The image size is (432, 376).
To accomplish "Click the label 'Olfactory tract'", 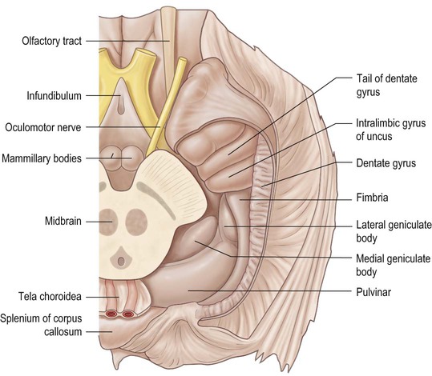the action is point(52,42).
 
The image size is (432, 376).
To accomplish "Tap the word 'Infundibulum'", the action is point(54,96).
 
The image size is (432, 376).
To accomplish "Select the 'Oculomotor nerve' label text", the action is point(43,128).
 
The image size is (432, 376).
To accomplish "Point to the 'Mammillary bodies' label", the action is point(42,158).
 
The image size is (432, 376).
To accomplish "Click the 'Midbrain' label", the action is point(63,221).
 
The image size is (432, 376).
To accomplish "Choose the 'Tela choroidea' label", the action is point(50,297).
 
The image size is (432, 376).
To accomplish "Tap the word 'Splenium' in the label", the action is point(18,318).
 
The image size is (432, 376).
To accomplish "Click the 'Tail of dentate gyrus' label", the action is point(387,86).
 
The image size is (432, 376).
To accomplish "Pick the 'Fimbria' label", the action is point(372,198).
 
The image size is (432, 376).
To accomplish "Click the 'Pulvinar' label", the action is point(373,292).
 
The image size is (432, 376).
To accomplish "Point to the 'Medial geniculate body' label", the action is point(393,266).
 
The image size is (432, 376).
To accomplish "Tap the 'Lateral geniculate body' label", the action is point(394,231).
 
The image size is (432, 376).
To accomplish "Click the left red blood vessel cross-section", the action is point(111,314).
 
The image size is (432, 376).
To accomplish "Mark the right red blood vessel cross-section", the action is point(127,314).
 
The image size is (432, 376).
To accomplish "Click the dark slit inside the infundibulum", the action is point(121,106).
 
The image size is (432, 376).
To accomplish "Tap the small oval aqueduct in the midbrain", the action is point(121,261).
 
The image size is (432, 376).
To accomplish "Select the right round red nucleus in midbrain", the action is point(136,222).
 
